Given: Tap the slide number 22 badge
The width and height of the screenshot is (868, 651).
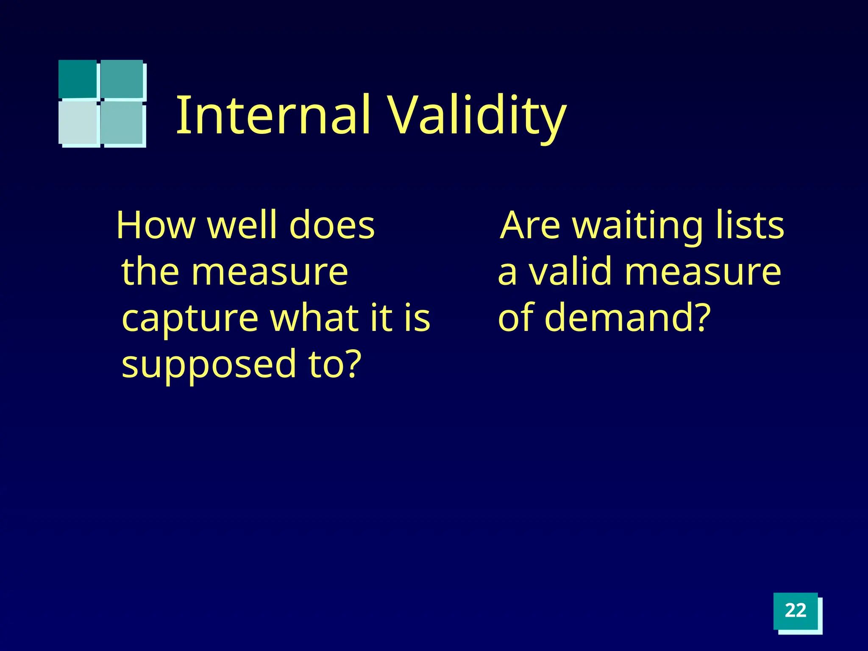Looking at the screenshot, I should (796, 611).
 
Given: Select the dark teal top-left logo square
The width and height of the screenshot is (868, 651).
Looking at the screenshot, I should (78, 79).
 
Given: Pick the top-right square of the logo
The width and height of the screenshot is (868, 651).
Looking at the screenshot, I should (122, 79).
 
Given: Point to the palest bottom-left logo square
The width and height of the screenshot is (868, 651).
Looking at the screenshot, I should (78, 123).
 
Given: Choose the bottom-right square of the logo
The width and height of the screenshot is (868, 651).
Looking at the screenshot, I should (123, 123).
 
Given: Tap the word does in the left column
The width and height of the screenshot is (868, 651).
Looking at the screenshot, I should (332, 225).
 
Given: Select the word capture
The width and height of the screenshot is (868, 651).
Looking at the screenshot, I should (190, 319).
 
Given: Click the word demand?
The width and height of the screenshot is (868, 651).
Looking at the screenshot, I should (627, 318).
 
